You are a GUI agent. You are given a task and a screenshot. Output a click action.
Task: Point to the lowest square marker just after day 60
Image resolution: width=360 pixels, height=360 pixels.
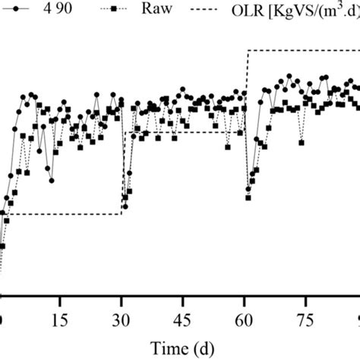[248, 198]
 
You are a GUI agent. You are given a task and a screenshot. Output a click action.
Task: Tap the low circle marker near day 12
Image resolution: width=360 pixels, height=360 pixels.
[52, 180]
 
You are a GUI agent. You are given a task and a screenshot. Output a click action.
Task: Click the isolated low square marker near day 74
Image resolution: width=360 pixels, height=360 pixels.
[302, 141]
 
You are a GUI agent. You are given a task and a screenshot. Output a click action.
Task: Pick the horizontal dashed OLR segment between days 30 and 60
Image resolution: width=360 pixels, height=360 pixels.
[182, 133]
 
